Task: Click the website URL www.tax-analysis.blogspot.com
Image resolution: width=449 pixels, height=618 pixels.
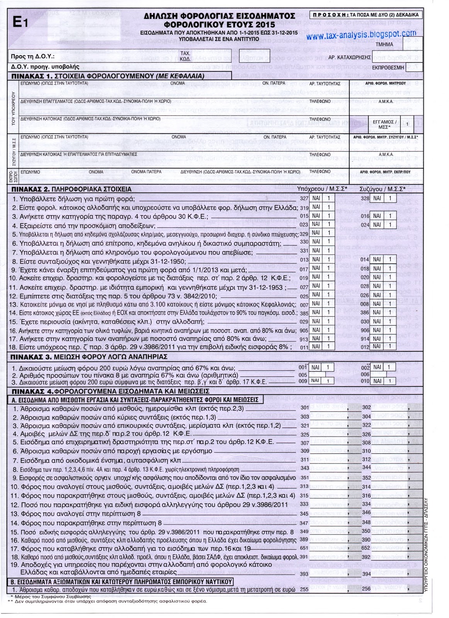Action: pyautogui.click(x=363, y=35)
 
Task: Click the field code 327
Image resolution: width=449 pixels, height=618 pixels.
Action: pyautogui.click(x=304, y=198)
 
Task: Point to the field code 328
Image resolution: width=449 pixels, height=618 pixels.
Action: pyautogui.click(x=365, y=198)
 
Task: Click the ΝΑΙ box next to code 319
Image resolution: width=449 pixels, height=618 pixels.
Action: pyautogui.click(x=316, y=207)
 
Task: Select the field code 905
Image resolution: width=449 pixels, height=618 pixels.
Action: pyautogui.click(x=304, y=330)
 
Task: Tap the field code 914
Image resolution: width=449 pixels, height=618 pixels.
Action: pyautogui.click(x=365, y=339)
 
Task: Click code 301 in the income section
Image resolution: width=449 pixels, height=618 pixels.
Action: pyautogui.click(x=305, y=407)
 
